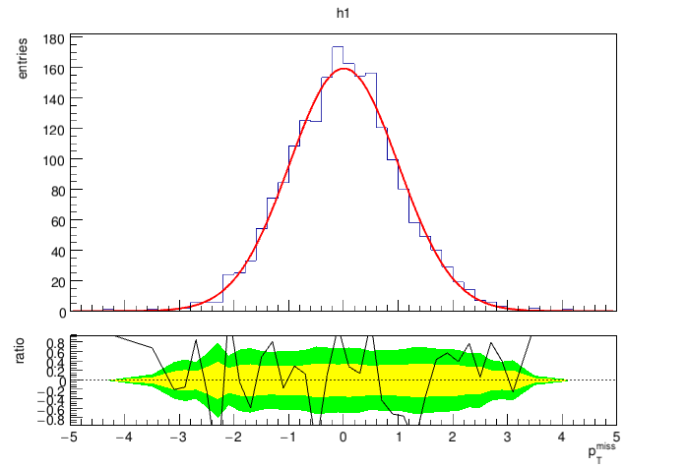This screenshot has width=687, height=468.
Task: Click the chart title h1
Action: pyautogui.click(x=343, y=15)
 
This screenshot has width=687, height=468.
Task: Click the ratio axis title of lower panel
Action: pyautogui.click(x=27, y=352)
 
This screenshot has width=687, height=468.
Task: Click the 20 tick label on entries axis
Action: pyautogui.click(x=56, y=282)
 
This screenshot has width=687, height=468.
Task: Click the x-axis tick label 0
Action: pyautogui.click(x=343, y=436)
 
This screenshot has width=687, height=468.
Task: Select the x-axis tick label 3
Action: pyautogui.click(x=507, y=436)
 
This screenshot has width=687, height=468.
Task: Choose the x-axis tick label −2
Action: pyautogui.click(x=231, y=436)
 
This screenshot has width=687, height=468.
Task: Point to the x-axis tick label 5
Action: pyautogui.click(x=616, y=436)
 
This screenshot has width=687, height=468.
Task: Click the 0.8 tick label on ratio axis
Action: pyautogui.click(x=55, y=341)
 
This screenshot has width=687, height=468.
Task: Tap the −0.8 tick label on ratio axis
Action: pyautogui.click(x=53, y=420)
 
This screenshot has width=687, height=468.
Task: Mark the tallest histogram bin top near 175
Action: pyautogui.click(x=337, y=46)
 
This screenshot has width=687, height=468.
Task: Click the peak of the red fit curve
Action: pyautogui.click(x=343, y=69)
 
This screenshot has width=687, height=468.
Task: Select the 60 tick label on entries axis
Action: pyautogui.click(x=56, y=221)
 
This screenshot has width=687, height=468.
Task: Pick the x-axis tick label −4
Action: pyautogui.click(x=122, y=436)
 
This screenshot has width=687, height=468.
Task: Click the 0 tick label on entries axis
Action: pyautogui.click(x=60, y=313)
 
